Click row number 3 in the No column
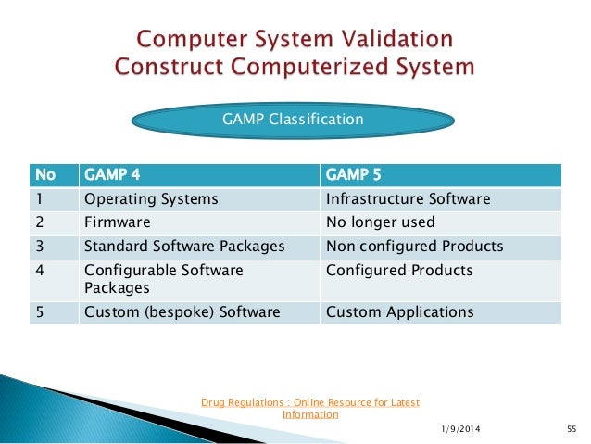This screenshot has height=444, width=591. (39, 247)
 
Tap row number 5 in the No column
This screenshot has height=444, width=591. (39, 312)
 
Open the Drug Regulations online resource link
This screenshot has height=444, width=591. (310, 408)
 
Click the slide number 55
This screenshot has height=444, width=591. (571, 428)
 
